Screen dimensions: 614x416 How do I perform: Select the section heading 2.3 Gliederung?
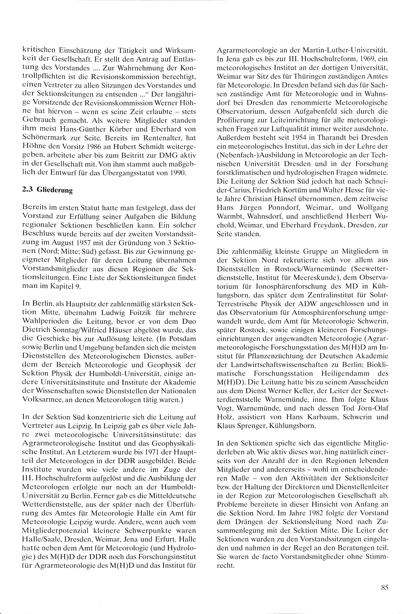47,190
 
